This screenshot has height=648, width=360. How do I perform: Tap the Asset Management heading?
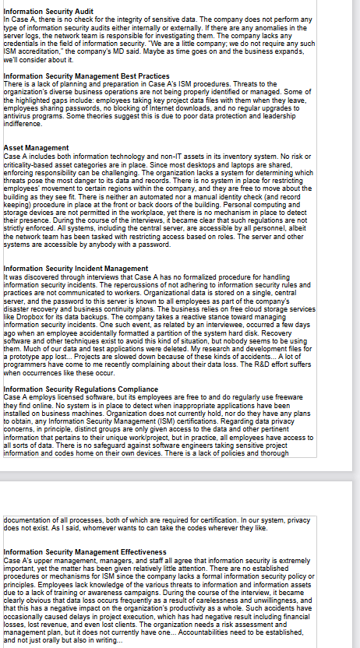pos(36,147)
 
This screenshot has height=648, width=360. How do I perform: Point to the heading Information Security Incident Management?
pos(76,268)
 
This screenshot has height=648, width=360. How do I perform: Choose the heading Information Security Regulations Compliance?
pos(81,389)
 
